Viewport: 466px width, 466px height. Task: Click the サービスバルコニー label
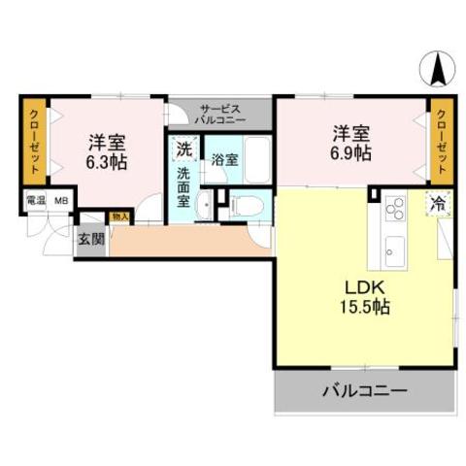[x=220, y=112]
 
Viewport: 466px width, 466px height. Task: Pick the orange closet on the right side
[x=443, y=141]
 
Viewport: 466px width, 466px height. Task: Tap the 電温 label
[x=35, y=201]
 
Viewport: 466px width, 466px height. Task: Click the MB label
[x=61, y=201]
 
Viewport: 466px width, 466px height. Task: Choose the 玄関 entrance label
[x=89, y=240]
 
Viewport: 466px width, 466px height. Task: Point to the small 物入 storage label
[x=120, y=217]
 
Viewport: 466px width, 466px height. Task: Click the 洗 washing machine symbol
[x=183, y=150]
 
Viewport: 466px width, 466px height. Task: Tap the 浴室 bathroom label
[x=224, y=159]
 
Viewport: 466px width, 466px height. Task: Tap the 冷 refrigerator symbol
[x=439, y=204]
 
